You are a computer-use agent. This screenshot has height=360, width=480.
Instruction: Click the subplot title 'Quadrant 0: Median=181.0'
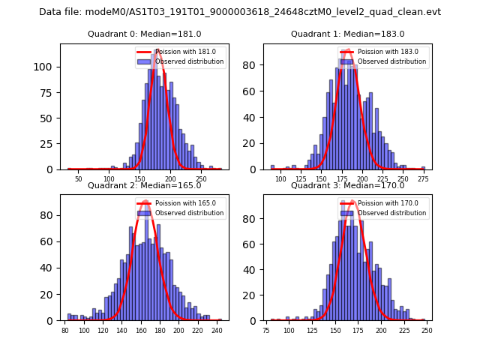[145, 34]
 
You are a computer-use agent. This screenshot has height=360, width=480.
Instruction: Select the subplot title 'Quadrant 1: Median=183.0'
[347, 34]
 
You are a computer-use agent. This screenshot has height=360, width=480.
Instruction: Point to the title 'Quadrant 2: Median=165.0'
[145, 185]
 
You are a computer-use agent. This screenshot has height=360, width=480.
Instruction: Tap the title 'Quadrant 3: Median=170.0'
[347, 185]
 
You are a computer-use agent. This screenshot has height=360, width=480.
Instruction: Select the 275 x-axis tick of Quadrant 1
[421, 180]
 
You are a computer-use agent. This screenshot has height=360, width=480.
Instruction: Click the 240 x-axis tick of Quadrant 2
[217, 331]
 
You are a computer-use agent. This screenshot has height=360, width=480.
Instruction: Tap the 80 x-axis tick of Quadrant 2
[65, 331]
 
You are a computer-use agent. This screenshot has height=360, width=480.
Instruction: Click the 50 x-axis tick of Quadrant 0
[78, 180]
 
